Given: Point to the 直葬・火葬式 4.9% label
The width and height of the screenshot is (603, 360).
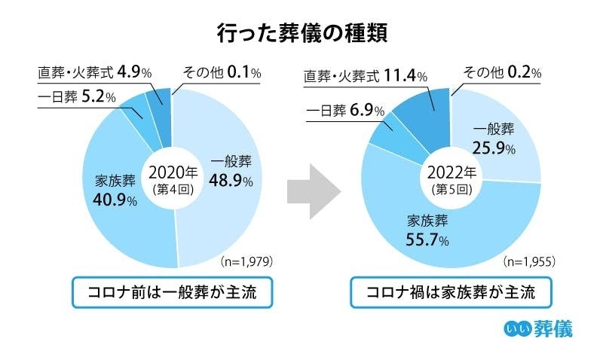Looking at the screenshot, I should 95,73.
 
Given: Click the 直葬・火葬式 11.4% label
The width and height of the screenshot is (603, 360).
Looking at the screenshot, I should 366,76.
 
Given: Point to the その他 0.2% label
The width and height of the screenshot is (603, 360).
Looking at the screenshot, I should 502,73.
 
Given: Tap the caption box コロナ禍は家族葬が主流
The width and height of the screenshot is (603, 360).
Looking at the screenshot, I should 450,293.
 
